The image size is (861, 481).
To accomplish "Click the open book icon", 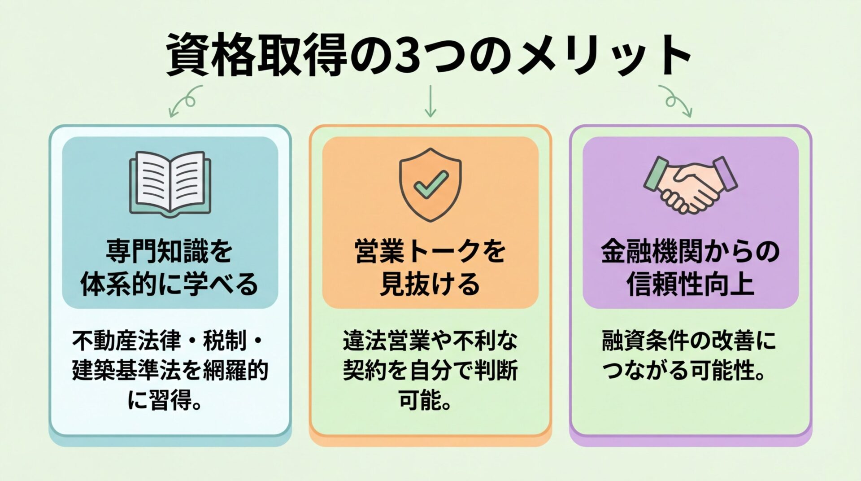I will pos(170,183).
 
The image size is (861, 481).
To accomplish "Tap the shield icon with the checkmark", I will pos(430,184).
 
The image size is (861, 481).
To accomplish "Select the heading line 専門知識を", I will pos(170,252).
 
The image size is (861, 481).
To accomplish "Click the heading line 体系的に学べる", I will pos(170,284).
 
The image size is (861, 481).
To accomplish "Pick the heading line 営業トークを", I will pos(430,252).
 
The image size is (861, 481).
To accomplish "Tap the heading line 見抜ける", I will pos(430,284).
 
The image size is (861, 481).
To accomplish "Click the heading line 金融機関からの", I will pos(690,252).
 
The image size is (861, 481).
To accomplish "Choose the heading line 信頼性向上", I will pos(690,284).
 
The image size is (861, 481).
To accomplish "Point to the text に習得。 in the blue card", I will pos(164,399).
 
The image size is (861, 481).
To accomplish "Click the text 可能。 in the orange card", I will pos(424,399).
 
